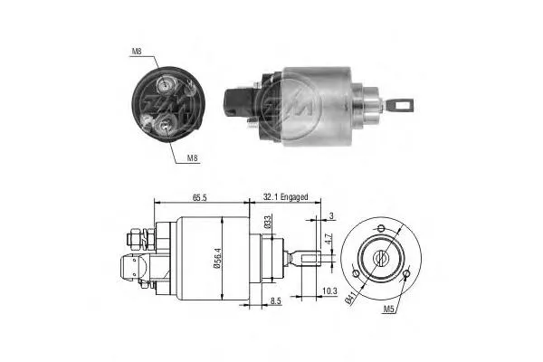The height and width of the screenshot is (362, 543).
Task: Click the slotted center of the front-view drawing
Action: point(382,257)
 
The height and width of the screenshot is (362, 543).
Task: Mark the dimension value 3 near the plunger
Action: point(332,214)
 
